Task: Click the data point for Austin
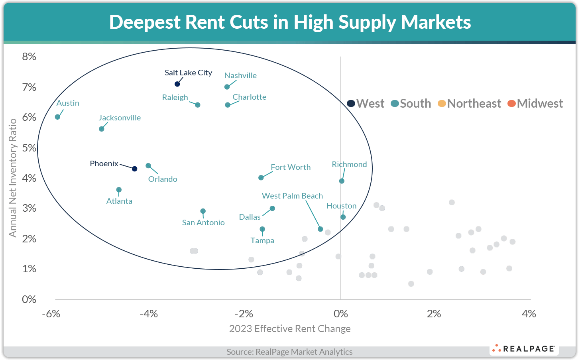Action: point(57,117)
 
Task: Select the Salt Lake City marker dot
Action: point(177,84)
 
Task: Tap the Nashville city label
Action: point(240,75)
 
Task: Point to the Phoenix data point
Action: point(135,169)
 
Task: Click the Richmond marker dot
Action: point(342,181)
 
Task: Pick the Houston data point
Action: point(343,217)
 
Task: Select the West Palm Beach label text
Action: point(292,196)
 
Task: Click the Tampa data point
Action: point(262,229)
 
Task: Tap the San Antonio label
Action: point(203,222)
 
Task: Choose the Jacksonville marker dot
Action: point(101,129)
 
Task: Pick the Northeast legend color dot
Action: point(442,104)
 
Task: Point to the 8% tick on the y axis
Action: point(29,57)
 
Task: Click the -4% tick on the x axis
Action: point(148,314)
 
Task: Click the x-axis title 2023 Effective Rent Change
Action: point(290,329)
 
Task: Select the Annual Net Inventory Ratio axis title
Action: point(13,177)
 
